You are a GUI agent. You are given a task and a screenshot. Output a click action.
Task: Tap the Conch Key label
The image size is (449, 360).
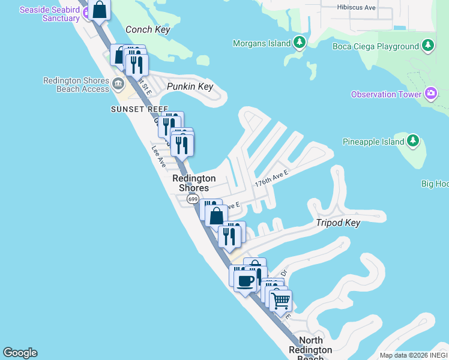[148, 30]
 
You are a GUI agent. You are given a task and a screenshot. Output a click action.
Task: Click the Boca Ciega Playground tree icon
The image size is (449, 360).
[427, 46]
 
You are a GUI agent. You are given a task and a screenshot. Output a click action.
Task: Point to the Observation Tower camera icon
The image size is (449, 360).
[430, 94]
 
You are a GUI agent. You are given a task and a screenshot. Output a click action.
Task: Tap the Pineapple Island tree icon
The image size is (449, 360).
[412, 141]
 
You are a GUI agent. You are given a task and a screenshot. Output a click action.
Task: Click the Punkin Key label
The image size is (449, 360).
[190, 86]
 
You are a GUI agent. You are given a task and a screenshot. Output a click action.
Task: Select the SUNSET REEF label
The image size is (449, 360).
[135, 109]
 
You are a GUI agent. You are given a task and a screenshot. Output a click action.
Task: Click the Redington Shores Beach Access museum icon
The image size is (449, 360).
[118, 83]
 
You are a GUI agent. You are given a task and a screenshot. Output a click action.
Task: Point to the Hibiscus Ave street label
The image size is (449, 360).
[357, 8]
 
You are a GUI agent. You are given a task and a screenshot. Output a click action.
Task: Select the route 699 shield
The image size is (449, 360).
[193, 199]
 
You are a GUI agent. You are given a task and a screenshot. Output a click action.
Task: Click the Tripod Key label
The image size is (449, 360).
[338, 223]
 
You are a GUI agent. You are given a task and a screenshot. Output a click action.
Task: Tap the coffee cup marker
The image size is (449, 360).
[245, 280]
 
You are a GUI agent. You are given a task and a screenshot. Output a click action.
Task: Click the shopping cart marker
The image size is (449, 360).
[280, 301]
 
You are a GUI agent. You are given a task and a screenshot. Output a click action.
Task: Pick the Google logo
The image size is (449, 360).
[20, 353]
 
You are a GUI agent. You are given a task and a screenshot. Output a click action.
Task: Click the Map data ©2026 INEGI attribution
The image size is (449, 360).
[414, 355]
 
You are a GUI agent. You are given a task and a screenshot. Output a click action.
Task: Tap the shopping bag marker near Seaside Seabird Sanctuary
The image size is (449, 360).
[100, 10]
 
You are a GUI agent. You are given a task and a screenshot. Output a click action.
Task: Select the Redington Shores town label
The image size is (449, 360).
[194, 183]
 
